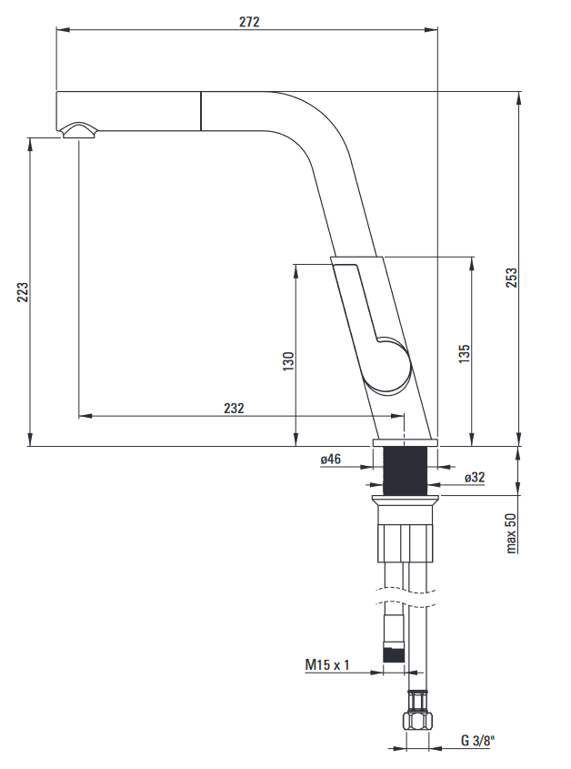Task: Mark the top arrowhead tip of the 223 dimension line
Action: click(x=30, y=138)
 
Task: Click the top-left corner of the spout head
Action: click(x=57, y=91)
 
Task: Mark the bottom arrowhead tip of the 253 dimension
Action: click(x=518, y=446)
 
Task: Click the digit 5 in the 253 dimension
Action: click(x=512, y=278)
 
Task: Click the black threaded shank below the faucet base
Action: click(x=405, y=471)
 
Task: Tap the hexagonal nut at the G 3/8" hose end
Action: click(x=417, y=721)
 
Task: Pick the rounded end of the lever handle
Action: click(x=390, y=365)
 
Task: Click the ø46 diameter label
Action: click(x=331, y=460)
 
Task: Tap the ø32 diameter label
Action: click(x=475, y=477)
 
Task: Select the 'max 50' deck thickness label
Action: click(x=511, y=533)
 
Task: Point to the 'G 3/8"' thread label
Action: click(x=477, y=740)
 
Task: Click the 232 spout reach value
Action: click(x=234, y=408)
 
